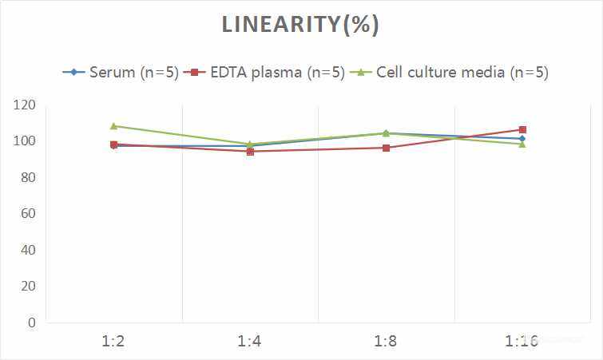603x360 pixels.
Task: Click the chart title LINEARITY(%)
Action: pos(300,25)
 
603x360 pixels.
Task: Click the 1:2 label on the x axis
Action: pos(113,342)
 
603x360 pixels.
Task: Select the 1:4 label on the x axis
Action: pos(250,342)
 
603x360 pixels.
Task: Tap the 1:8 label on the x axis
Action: pos(386,342)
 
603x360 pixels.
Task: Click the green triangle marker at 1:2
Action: pos(113,126)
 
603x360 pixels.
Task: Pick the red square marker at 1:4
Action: pos(250,152)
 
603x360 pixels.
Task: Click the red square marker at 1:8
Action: pos(386,148)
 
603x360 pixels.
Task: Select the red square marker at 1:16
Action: pos(522,129)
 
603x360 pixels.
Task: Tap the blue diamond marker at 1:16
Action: pos(522,139)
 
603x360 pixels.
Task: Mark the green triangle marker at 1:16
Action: pos(522,144)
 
